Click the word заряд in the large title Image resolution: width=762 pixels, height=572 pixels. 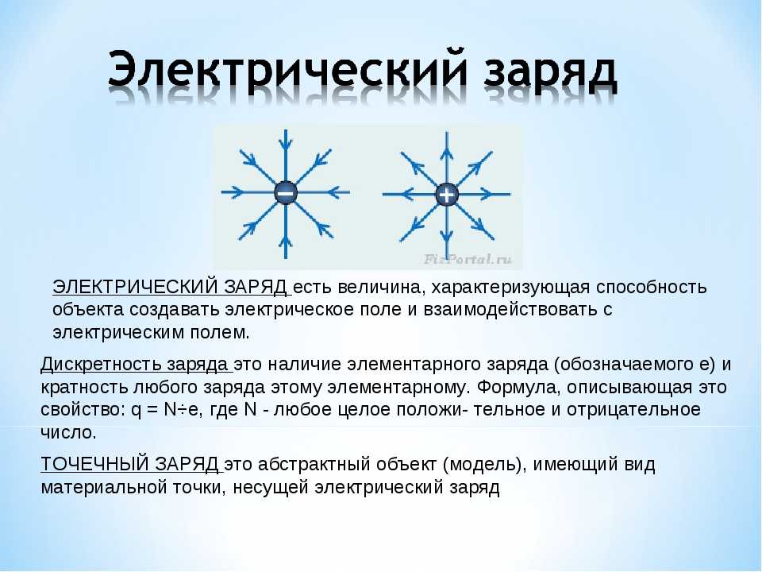click(x=550, y=74)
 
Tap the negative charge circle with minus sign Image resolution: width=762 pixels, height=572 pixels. click(x=286, y=192)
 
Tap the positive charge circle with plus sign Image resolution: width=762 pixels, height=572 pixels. click(x=446, y=195)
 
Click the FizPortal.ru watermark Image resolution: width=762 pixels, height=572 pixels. click(x=467, y=259)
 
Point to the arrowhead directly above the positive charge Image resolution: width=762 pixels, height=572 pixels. click(x=447, y=153)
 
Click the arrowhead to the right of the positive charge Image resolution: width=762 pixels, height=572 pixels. click(x=487, y=195)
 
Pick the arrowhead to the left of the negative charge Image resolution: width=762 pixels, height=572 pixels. click(x=237, y=192)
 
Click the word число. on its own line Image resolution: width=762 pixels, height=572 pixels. click(x=68, y=432)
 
